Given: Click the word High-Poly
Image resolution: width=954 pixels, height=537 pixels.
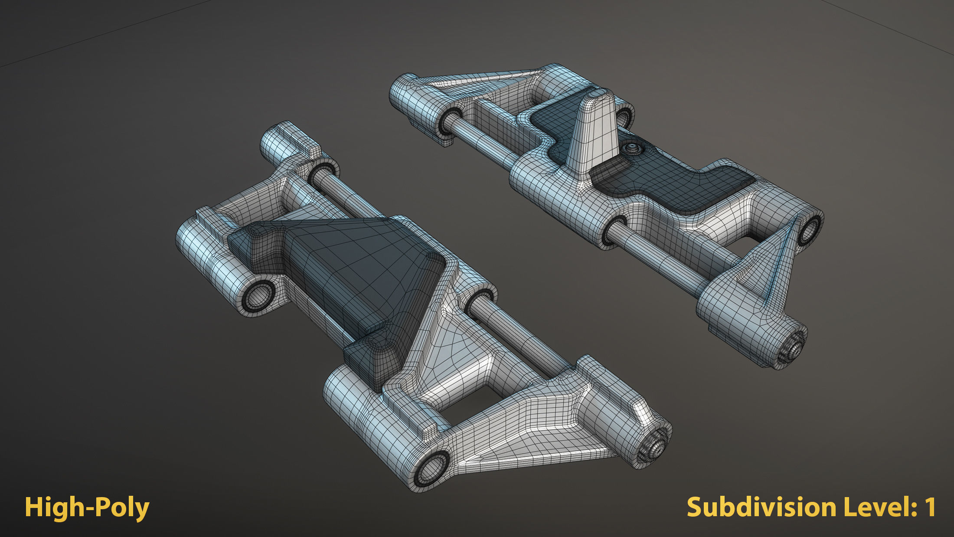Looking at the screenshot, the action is pos(87,508).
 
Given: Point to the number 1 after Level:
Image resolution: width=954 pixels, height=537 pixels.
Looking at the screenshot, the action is pos(929,507).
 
